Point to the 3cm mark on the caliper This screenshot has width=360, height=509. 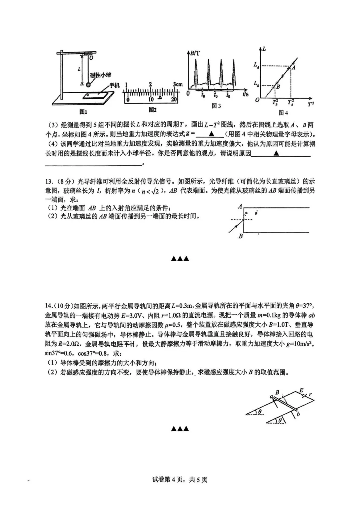click(178, 85)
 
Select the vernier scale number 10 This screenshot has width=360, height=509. click(151, 99)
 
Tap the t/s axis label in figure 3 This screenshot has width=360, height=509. click(246, 94)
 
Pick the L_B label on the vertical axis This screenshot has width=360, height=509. click(256, 84)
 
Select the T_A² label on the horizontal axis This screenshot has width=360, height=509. click(291, 102)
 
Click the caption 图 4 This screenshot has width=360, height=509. click(283, 113)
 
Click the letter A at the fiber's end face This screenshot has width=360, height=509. click(240, 207)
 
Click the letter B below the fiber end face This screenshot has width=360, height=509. click(241, 236)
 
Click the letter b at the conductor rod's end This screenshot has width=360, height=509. click(298, 414)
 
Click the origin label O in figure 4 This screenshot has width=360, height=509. click(257, 100)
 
